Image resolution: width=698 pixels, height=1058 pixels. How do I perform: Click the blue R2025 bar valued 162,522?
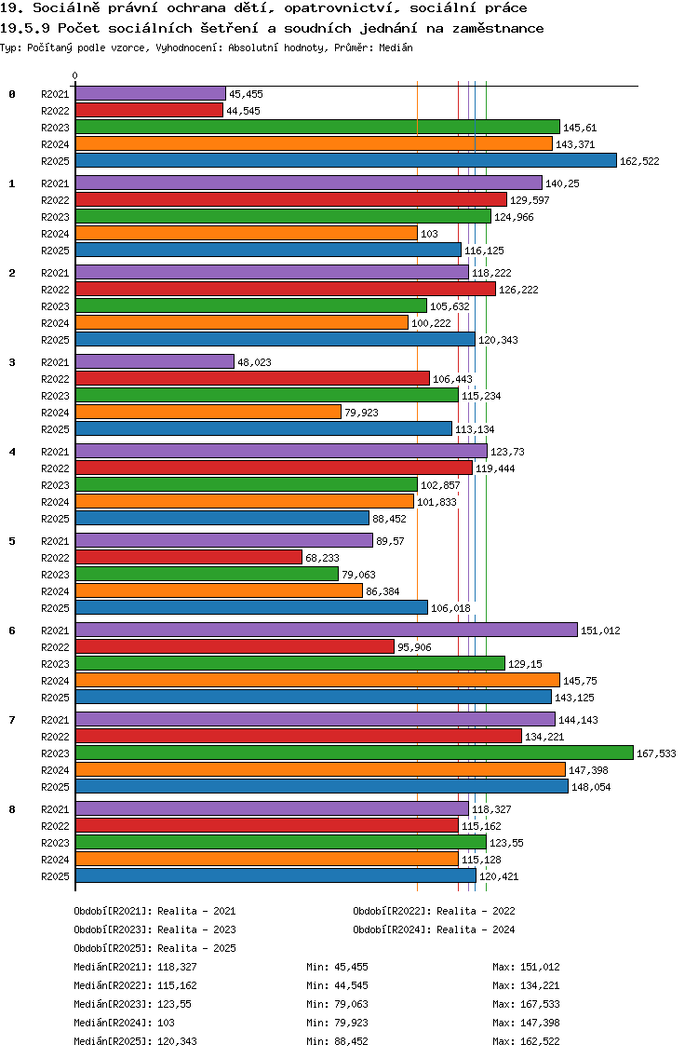[x=345, y=160]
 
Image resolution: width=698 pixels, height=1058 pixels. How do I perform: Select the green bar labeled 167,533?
[x=354, y=753]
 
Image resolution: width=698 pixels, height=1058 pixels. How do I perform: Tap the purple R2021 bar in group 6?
[x=326, y=630]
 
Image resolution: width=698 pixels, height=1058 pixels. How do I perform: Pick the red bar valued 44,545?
[x=149, y=110]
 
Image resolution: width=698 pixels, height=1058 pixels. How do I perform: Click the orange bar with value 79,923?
[x=208, y=412]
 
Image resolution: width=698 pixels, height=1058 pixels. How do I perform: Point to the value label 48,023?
[x=254, y=362]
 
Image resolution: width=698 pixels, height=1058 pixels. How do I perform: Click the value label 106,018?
[x=450, y=608]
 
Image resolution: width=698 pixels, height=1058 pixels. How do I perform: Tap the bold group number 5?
[x=12, y=540]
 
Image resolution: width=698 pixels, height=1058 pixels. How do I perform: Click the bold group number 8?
[x=12, y=808]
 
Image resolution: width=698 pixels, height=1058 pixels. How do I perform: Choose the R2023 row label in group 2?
[x=55, y=306]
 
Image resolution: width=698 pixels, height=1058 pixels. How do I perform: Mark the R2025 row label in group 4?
[x=55, y=519]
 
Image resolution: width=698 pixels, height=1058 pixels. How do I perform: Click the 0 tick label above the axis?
[x=75, y=75]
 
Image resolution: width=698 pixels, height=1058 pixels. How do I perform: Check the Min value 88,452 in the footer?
[x=352, y=1041]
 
